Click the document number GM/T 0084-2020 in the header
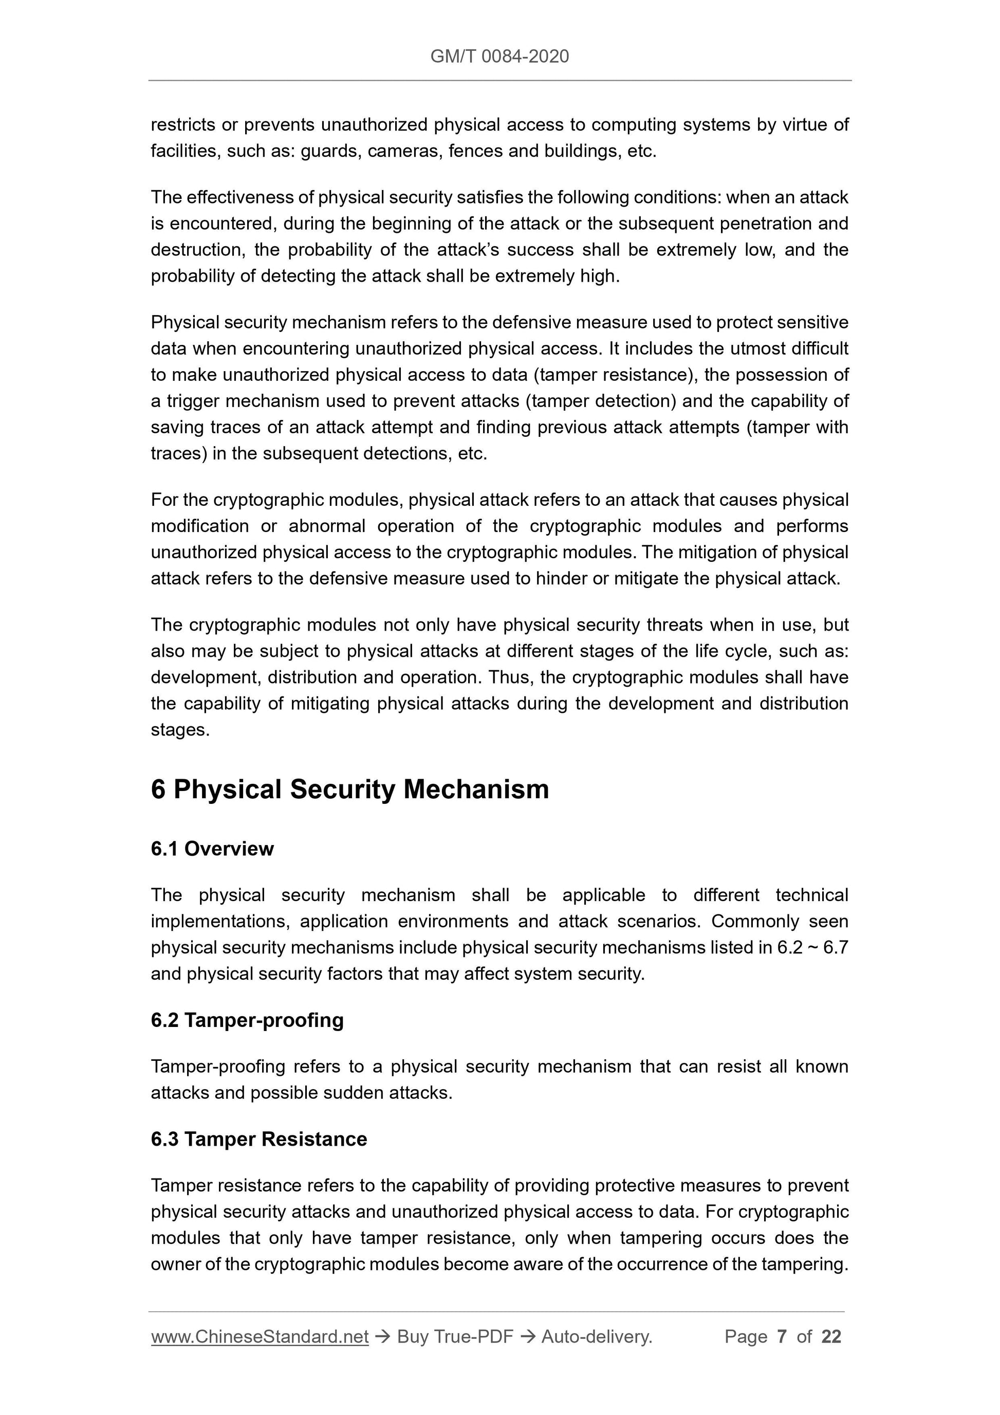pyautogui.click(x=499, y=57)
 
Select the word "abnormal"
pyautogui.click(x=326, y=526)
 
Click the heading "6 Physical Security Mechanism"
pyautogui.click(x=349, y=789)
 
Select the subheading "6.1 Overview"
pyautogui.click(x=212, y=849)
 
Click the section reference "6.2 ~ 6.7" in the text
pyautogui.click(x=812, y=948)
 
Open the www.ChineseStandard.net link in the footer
pyautogui.click(x=260, y=1336)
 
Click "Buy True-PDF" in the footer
pyautogui.click(x=455, y=1336)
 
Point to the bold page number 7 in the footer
pyautogui.click(x=782, y=1336)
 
